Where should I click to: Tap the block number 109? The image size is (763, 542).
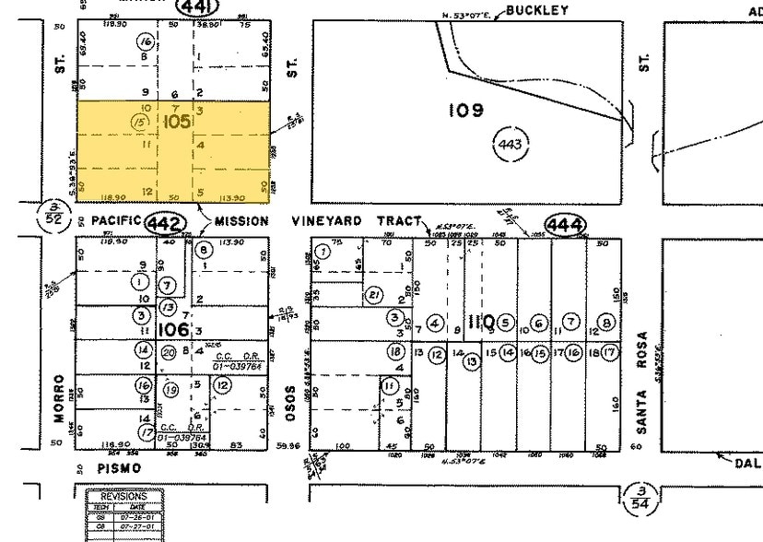point(466,111)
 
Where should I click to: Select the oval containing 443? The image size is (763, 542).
point(511,146)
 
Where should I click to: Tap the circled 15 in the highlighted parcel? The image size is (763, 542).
point(140,122)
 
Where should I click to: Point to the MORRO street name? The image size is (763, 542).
point(59,398)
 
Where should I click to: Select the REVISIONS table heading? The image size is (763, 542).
point(123,496)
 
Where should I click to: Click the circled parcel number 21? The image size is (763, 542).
point(374,295)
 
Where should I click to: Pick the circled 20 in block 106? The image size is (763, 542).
point(169,351)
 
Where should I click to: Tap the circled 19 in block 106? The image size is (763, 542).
point(170,389)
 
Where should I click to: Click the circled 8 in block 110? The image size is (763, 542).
point(606,323)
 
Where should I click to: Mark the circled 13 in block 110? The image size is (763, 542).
point(472,362)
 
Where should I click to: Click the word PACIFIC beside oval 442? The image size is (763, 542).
point(116,221)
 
